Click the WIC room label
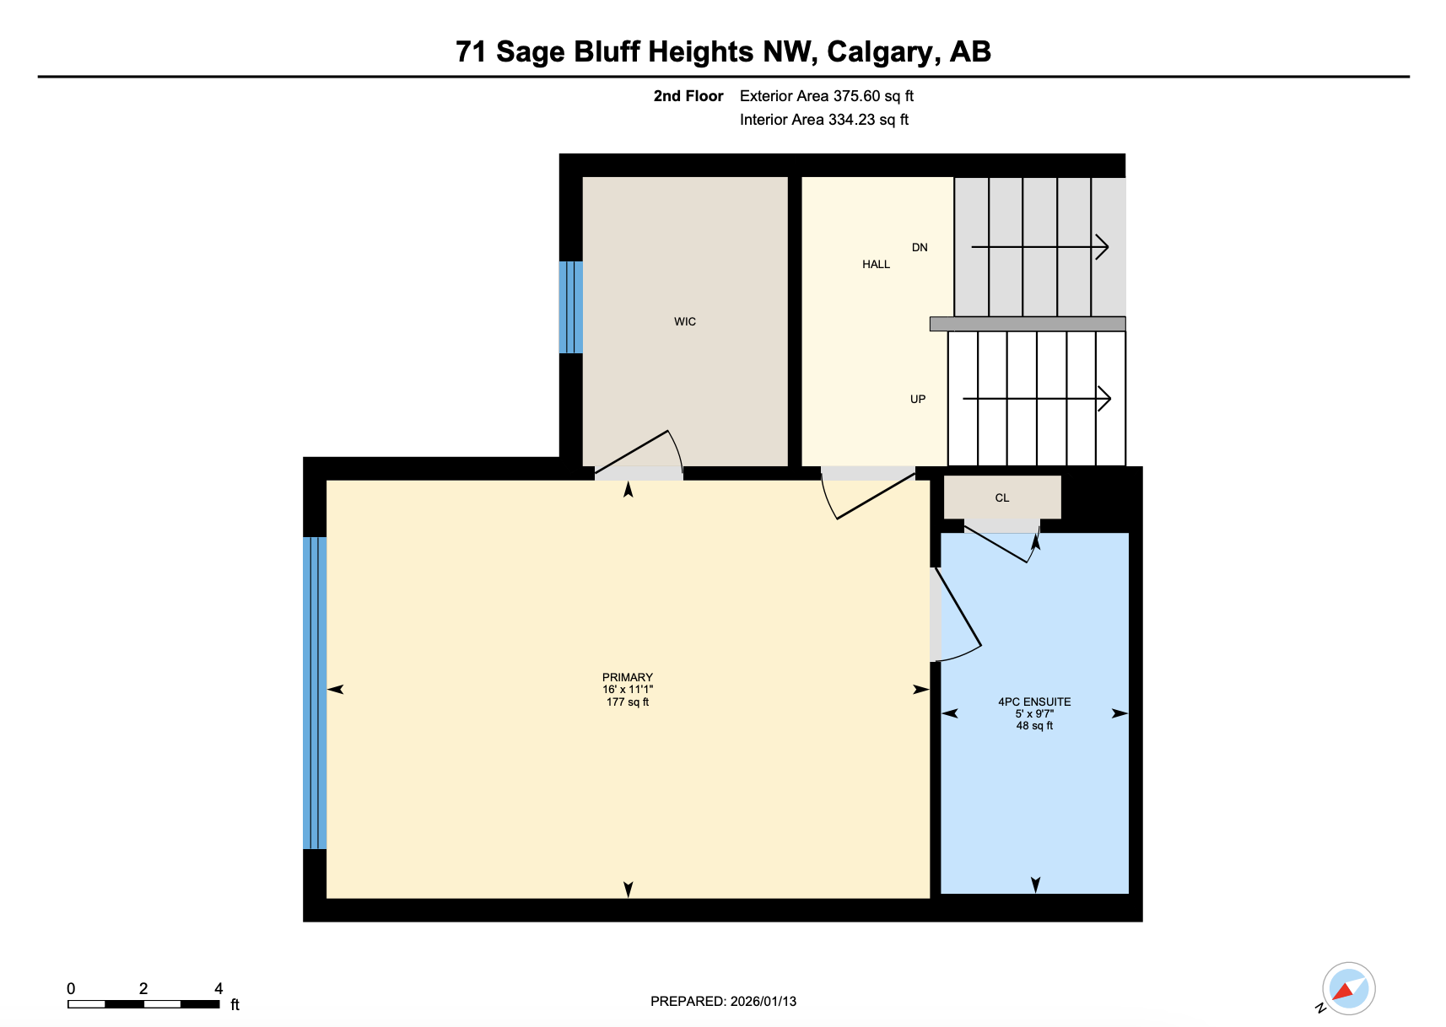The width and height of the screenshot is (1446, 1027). (684, 321)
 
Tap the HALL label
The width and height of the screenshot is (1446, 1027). (876, 264)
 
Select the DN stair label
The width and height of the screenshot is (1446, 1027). (920, 247)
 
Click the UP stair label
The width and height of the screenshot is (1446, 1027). (917, 399)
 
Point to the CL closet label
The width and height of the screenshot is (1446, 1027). (1001, 497)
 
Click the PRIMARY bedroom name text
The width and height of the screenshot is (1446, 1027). (627, 677)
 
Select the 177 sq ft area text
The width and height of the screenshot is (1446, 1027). (627, 702)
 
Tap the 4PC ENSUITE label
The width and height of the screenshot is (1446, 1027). (1034, 702)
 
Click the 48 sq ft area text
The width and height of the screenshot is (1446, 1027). (1034, 726)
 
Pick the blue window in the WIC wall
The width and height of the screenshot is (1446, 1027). (570, 307)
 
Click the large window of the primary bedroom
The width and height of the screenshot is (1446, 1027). (315, 692)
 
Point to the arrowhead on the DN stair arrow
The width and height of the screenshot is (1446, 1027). (1103, 247)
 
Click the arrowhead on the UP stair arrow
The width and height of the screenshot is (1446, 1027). (1105, 399)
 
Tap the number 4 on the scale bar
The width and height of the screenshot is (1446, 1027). (219, 988)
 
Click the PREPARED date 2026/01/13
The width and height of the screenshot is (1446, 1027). (763, 1002)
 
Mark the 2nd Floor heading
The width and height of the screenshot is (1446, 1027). (688, 96)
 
